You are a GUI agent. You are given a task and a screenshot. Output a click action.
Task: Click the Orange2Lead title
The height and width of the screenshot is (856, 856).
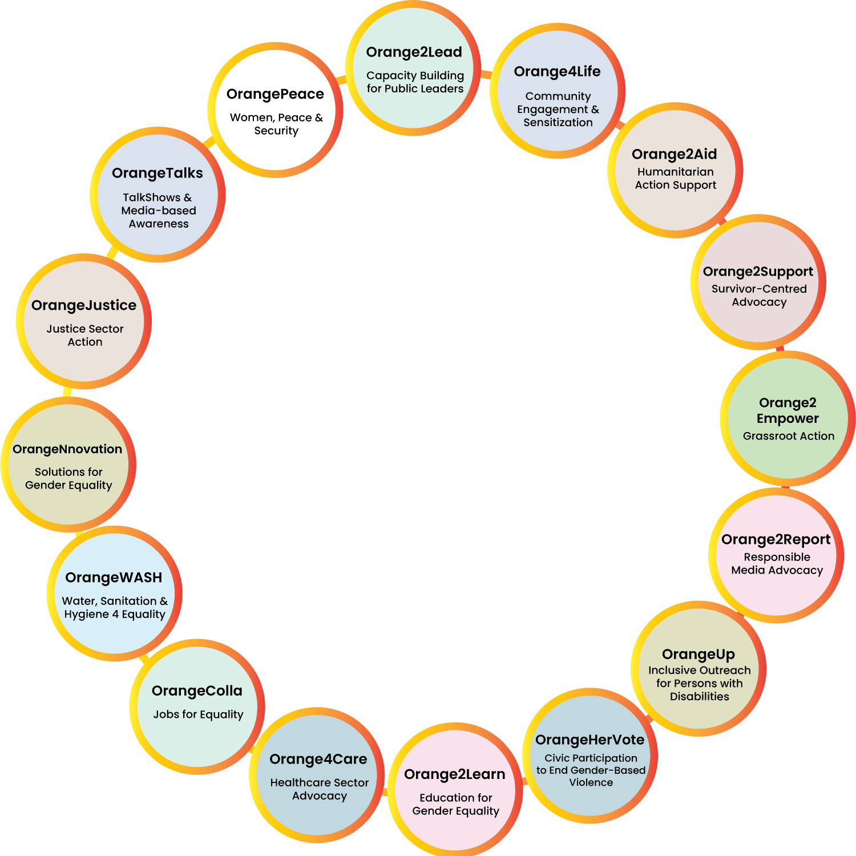pos(414,52)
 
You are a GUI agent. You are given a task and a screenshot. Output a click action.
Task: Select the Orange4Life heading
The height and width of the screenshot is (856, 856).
pos(557,71)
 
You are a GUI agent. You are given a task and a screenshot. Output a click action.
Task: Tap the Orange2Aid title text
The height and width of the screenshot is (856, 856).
pos(674,154)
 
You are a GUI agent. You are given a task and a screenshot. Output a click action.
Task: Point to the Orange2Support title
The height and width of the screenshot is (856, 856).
pos(758,272)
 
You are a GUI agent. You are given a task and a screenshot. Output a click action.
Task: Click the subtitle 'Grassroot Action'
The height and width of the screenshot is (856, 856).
pos(788,436)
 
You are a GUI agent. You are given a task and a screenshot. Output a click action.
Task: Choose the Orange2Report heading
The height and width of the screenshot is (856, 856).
pos(776,539)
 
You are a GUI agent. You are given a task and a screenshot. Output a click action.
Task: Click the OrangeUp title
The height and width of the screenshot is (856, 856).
pos(698,654)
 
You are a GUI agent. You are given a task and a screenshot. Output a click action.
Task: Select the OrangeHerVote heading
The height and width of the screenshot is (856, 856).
pos(589,740)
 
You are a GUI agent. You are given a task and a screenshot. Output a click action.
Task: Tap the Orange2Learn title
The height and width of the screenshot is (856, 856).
pos(454,774)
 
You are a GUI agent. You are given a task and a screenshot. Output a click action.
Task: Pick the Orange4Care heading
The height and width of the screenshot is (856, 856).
pos(318,759)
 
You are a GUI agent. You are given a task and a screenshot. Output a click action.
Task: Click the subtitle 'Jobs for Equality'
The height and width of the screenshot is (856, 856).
pos(198,714)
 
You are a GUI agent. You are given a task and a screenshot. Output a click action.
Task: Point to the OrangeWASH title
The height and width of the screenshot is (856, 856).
pos(114,578)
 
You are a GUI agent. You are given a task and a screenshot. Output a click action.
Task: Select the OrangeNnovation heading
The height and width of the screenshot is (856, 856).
pos(67,449)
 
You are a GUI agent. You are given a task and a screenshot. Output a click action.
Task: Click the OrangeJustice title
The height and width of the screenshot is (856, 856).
pos(84,305)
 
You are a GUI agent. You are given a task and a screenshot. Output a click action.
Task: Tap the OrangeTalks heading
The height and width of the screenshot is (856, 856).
pos(157,173)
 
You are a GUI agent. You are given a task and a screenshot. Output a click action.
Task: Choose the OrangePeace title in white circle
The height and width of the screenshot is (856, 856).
pos(275,94)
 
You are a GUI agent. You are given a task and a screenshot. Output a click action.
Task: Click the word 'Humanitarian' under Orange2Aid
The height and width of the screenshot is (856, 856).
pos(675,172)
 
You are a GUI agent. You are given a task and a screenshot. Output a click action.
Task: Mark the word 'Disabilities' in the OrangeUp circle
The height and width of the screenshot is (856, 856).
pos(699,696)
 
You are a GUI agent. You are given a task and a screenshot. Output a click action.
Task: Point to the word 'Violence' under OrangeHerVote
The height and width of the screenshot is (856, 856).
pos(591,782)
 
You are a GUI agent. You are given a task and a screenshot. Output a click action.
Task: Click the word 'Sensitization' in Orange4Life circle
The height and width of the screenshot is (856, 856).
pos(558,122)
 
